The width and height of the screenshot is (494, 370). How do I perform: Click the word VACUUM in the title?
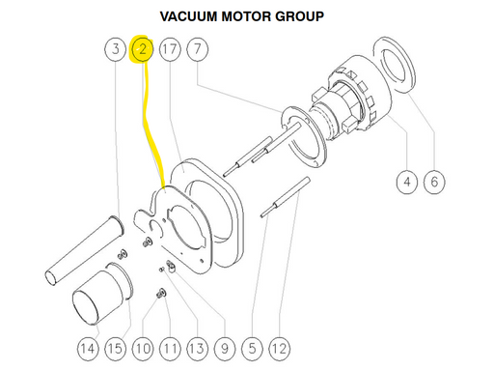pyautogui.click(x=189, y=16)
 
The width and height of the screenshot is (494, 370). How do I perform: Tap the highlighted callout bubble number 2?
pyautogui.click(x=143, y=49)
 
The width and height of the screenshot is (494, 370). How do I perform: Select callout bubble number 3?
pyautogui.click(x=116, y=49)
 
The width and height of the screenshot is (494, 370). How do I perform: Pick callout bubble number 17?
pyautogui.click(x=170, y=49)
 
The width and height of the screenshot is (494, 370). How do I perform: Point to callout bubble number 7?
pyautogui.click(x=197, y=49)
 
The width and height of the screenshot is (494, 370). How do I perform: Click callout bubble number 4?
pyautogui.click(x=407, y=182)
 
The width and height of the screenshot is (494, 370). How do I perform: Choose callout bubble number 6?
pyautogui.click(x=434, y=182)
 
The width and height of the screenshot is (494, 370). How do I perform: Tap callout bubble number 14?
pyautogui.click(x=88, y=349)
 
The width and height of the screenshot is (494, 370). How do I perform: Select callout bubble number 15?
pyautogui.click(x=115, y=349)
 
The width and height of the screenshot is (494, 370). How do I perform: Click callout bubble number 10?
pyautogui.click(x=143, y=349)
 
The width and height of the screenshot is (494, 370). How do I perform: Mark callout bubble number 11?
pyautogui.click(x=170, y=349)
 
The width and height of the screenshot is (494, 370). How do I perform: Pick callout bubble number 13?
pyautogui.click(x=197, y=349)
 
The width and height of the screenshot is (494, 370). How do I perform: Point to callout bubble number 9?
pyautogui.click(x=225, y=349)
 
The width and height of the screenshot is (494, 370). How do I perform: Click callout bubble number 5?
pyautogui.click(x=252, y=349)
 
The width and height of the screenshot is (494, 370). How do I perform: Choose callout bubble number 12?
pyautogui.click(x=279, y=349)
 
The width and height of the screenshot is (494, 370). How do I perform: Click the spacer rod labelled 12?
pyautogui.click(x=286, y=197)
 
